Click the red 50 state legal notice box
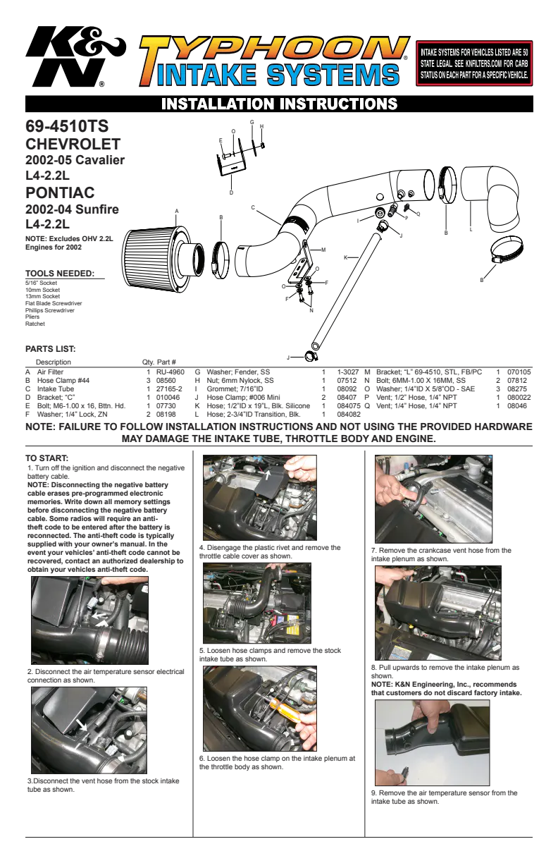coord(474,63)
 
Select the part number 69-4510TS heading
coord(67,126)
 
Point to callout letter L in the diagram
coord(471,230)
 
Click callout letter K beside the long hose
coord(345,257)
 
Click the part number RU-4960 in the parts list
coord(170,372)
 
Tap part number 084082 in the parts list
coord(349,414)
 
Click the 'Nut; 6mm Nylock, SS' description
coord(240,380)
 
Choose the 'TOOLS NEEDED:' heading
coord(60,274)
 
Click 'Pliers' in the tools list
coord(32,317)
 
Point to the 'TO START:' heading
coord(46,458)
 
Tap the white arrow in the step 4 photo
coord(267,473)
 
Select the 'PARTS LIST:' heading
coord(51,349)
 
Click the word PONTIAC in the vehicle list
coord(60,192)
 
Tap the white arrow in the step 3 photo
coord(82,725)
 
